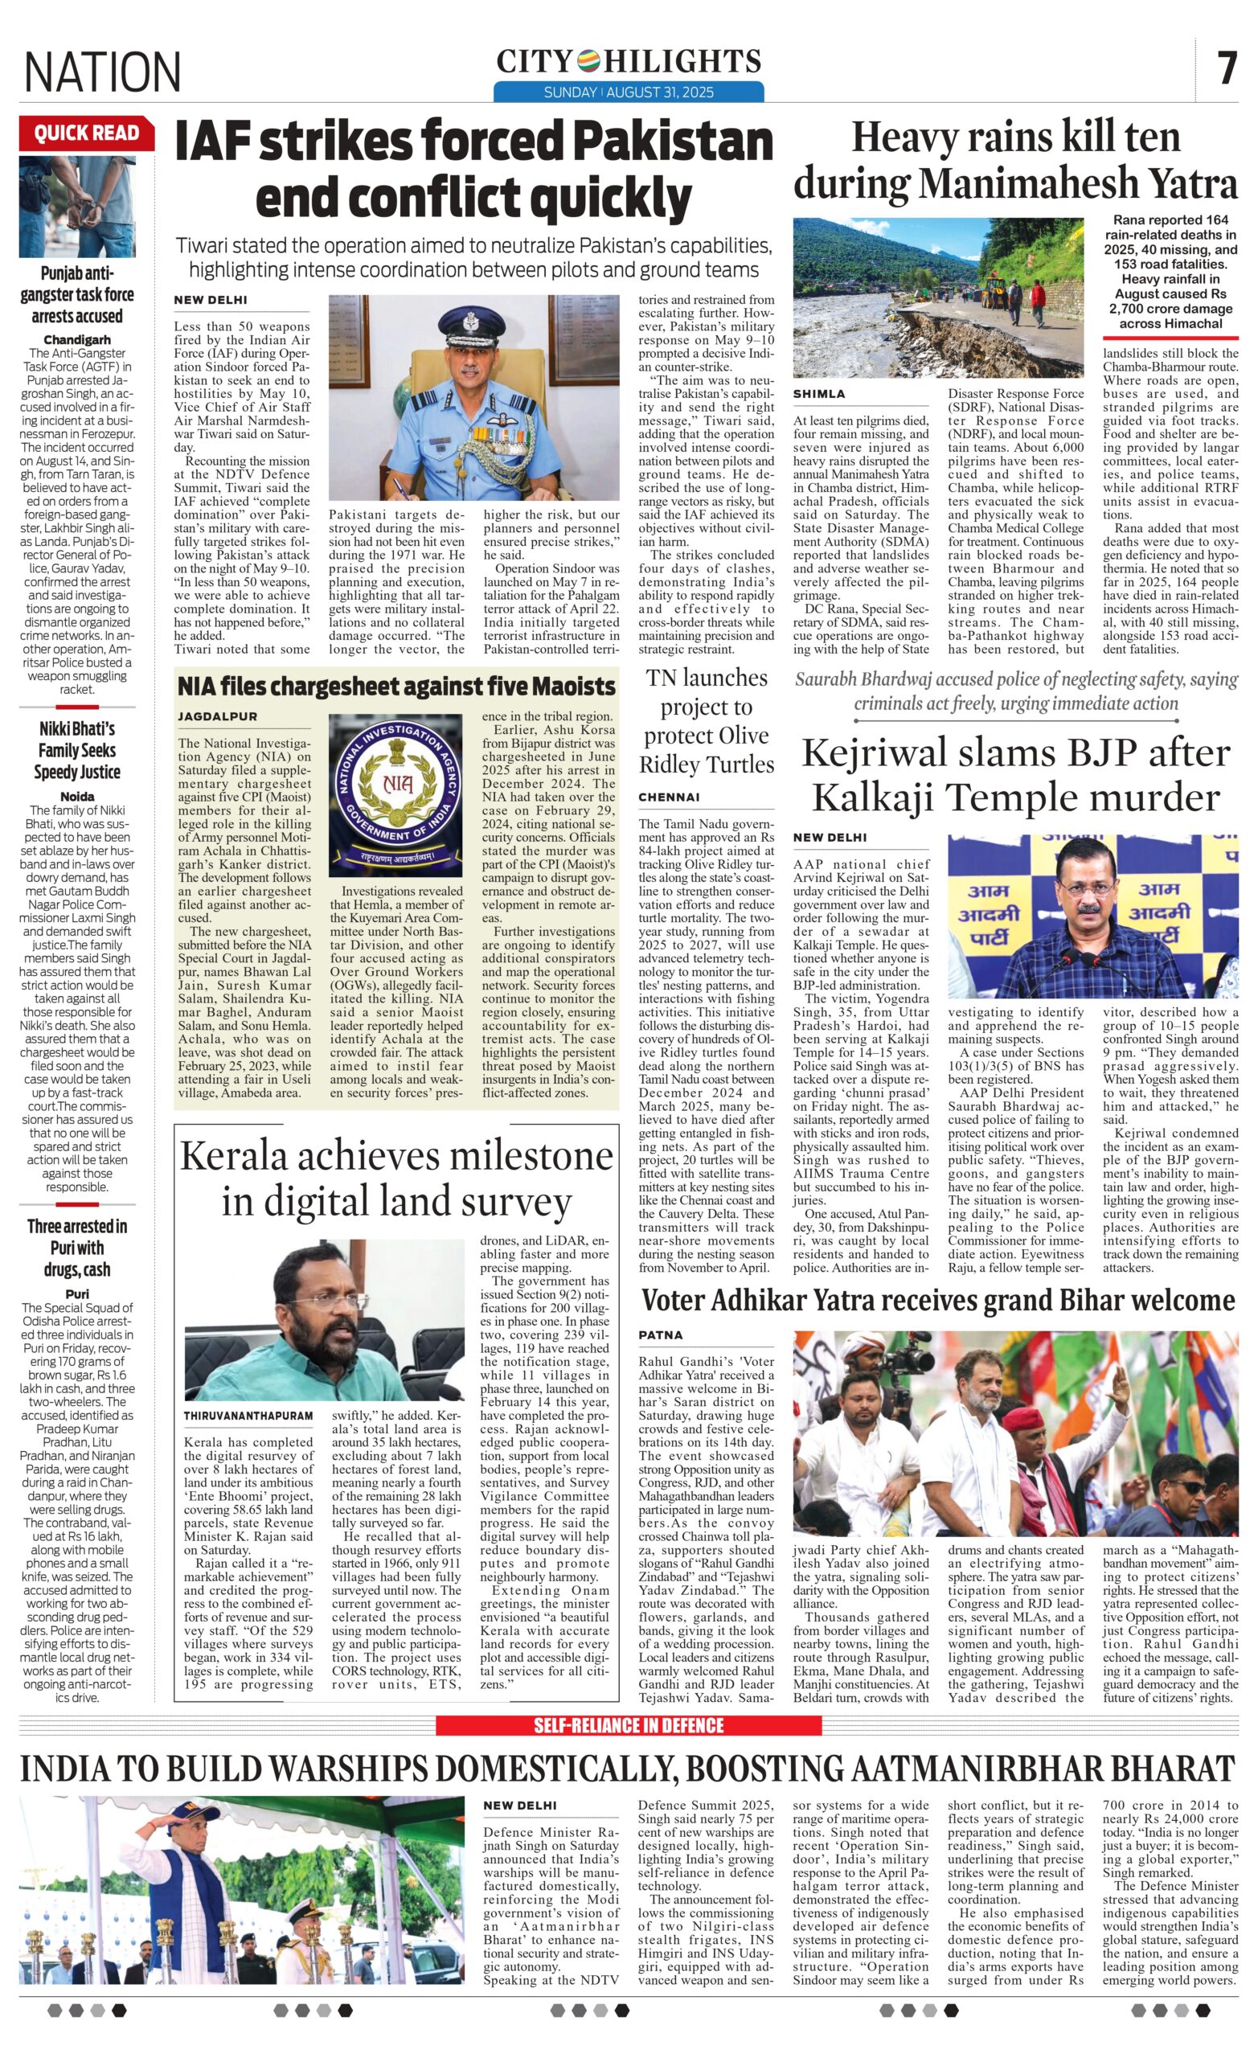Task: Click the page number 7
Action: [1225, 68]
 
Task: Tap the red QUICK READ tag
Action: [86, 133]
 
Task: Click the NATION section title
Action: [102, 71]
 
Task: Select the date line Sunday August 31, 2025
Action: [628, 92]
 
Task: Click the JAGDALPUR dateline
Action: [217, 716]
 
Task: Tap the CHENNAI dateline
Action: [669, 797]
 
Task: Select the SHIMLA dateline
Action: [818, 393]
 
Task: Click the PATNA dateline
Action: [661, 1334]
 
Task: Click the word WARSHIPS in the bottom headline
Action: [342, 1769]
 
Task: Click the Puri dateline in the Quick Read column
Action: [77, 1293]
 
